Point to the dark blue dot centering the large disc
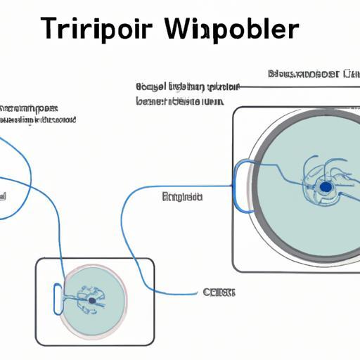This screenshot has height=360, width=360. point(325,187)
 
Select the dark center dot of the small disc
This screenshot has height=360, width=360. point(91,300)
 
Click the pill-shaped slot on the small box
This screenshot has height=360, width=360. point(57,298)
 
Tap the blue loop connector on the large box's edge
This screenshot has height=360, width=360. point(243,186)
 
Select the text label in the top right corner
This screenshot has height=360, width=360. point(304,74)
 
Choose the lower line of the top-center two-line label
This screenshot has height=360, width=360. point(179,101)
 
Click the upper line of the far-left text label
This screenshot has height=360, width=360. point(28,109)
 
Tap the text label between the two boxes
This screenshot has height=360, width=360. point(182,196)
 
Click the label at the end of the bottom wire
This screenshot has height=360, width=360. point(219,292)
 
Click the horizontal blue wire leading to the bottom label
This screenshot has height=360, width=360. point(176,292)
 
